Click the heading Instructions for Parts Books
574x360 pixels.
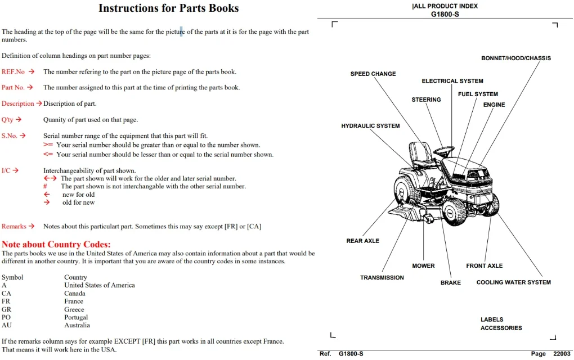pos(168,8)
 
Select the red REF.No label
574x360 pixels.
pos(13,71)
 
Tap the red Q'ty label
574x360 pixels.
pos(7,120)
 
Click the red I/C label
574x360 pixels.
pos(6,170)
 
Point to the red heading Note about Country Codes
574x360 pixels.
pos(56,244)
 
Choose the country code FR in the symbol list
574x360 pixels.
pos(6,301)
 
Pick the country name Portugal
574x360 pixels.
pos(76,317)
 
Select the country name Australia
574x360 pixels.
pos(77,325)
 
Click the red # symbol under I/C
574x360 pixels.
pos(45,186)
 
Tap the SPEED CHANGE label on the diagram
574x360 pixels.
pos(373,74)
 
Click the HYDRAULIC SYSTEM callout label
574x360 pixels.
pos(370,126)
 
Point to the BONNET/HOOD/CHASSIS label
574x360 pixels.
pos(516,58)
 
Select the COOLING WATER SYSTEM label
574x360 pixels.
pos(514,282)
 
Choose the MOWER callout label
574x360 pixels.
pos(424,265)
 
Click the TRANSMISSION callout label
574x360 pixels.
pos(382,278)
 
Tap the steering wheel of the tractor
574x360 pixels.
pos(444,150)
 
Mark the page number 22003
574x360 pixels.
pos(562,354)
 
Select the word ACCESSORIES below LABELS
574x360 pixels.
pos(501,328)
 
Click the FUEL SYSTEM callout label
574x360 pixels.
pos(478,94)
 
